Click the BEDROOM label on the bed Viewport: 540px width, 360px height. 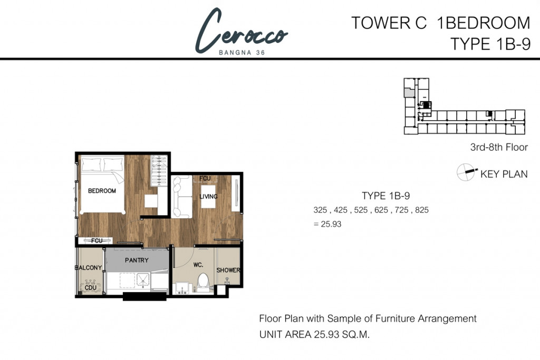point(102,191)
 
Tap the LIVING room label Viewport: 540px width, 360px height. point(208,197)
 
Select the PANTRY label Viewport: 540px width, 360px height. point(137,260)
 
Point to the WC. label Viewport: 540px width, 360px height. point(198,265)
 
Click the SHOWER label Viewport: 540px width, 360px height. point(228,270)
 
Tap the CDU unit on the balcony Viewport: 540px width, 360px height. point(90,286)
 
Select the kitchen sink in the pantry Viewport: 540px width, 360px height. point(142,280)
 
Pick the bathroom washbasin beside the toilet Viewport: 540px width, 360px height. point(183,288)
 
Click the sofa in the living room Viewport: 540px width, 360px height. point(182,197)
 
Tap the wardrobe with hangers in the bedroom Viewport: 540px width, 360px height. point(159,171)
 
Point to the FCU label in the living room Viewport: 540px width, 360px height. point(205,178)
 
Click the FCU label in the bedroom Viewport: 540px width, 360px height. point(97,240)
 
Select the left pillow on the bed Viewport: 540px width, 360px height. point(91,164)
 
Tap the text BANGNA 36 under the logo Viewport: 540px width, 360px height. point(242,53)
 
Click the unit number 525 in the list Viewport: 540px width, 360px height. point(361,210)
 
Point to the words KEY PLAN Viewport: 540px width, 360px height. point(504,174)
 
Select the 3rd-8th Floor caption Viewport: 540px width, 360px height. point(499,147)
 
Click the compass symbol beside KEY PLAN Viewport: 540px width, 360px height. point(466,172)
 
